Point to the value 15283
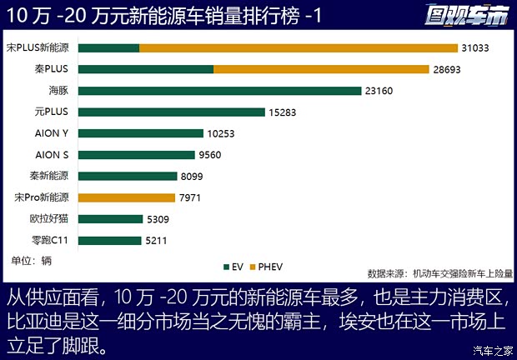[283, 112]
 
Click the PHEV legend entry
[267, 267]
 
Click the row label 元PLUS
[52, 112]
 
